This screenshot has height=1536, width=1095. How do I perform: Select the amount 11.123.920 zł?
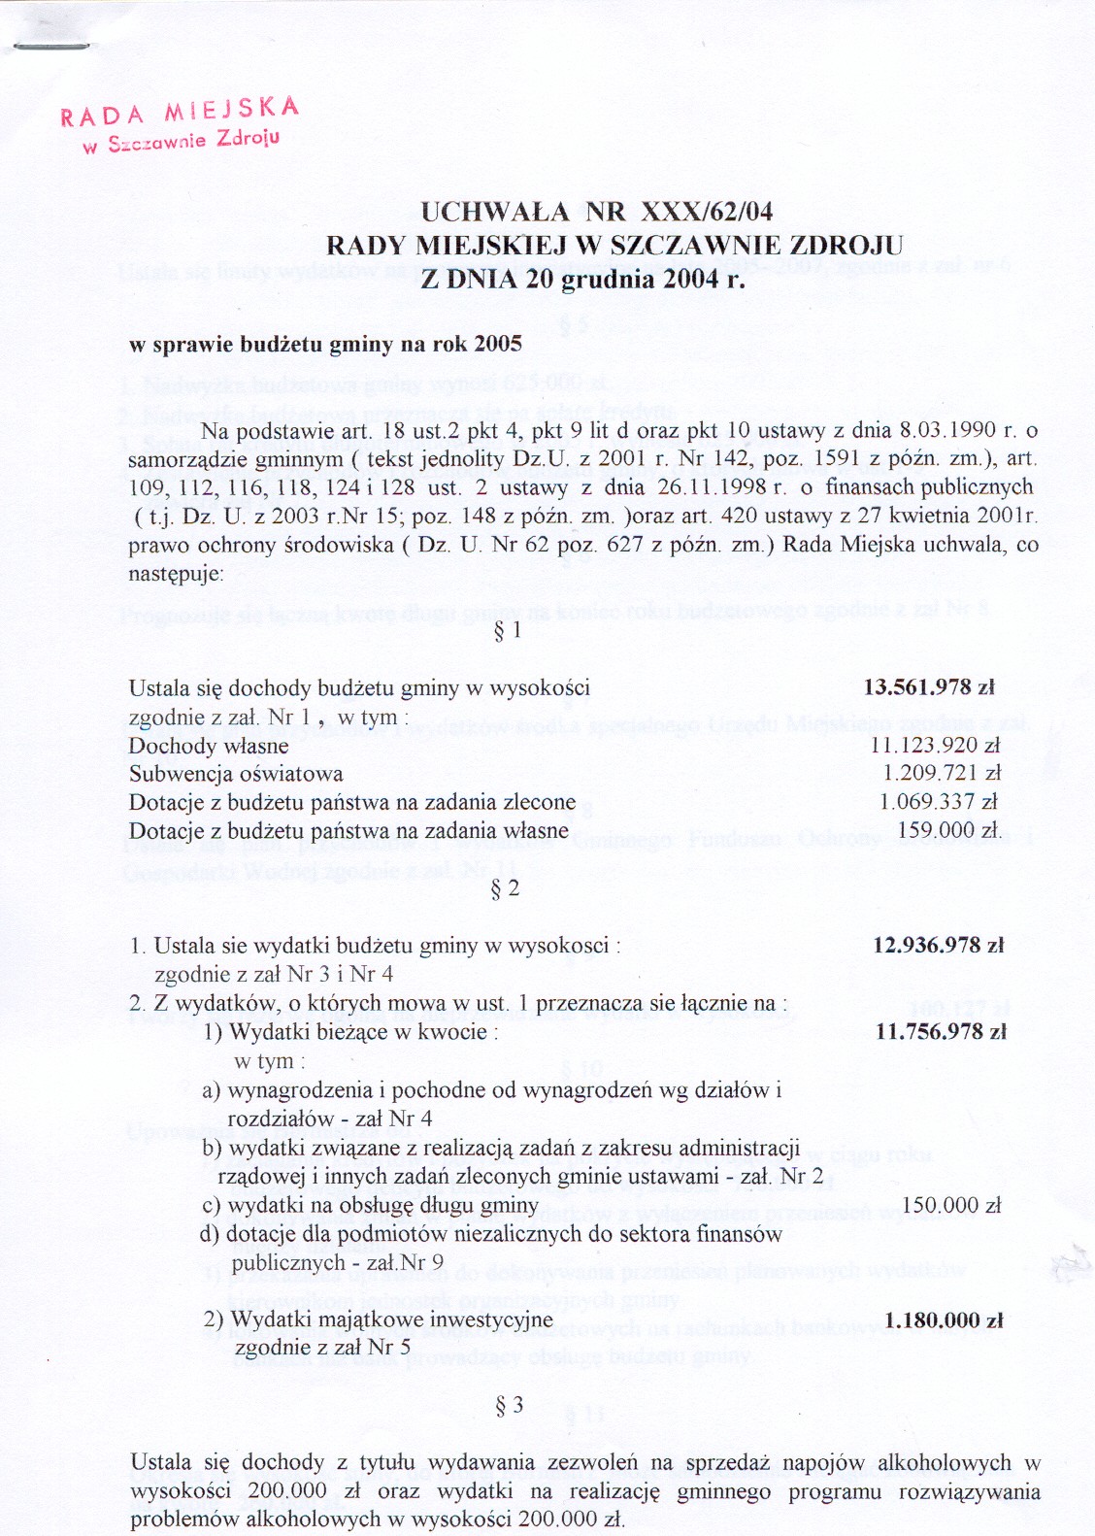[x=935, y=746]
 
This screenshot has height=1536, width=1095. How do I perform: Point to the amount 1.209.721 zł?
[x=941, y=774]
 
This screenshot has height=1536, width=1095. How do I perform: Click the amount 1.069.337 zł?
[x=939, y=802]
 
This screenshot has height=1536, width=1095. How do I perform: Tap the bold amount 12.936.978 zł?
[x=938, y=945]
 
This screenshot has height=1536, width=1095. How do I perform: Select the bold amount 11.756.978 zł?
[x=940, y=1032]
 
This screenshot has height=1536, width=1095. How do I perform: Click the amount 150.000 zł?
[x=951, y=1206]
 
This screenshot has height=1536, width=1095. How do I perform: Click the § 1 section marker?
[x=508, y=631]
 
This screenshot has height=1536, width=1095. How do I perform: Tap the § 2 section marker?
[x=506, y=888]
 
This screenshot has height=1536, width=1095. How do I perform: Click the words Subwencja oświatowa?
[x=236, y=775]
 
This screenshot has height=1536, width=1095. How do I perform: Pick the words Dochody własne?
[x=209, y=747]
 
